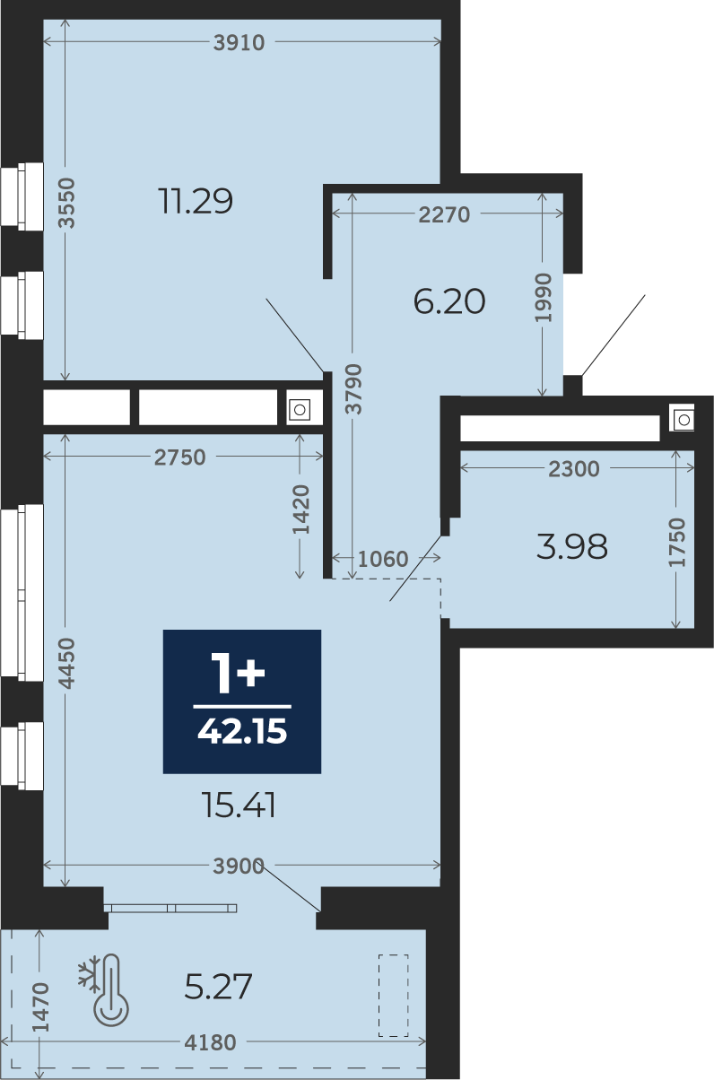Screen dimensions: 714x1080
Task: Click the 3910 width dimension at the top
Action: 239,43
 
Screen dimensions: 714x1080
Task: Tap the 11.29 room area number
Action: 196,201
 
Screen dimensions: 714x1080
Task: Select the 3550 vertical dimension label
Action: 67,203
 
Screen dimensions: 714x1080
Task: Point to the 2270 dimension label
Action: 444,214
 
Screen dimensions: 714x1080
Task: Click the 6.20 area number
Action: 449,301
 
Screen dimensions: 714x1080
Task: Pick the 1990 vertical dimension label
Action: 544,298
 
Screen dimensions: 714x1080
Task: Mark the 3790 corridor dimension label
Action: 354,389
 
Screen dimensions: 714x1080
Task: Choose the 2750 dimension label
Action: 179,457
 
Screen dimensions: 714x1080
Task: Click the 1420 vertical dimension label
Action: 301,510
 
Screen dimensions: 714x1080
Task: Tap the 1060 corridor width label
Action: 383,559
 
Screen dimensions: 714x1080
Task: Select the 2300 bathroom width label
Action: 574,468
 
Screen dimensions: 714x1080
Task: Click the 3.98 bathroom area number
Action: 571,547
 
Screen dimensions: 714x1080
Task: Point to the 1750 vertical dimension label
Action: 677,542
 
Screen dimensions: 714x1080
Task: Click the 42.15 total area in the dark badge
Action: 242,730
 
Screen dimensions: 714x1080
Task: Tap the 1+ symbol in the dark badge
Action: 239,674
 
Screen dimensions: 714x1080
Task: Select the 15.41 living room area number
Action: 239,805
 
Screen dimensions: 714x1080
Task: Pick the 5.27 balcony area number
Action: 218,986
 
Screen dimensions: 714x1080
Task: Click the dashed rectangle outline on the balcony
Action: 394,995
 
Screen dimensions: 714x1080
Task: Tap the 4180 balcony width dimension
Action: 210,1042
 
